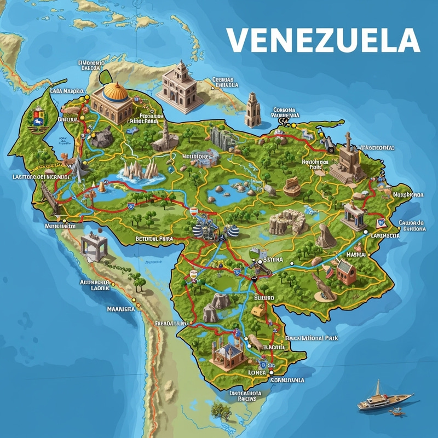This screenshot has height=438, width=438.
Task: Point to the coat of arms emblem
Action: click(x=37, y=119)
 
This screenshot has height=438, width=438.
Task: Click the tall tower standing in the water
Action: click(x=252, y=109)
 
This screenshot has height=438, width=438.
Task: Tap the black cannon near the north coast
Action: click(x=329, y=142)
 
